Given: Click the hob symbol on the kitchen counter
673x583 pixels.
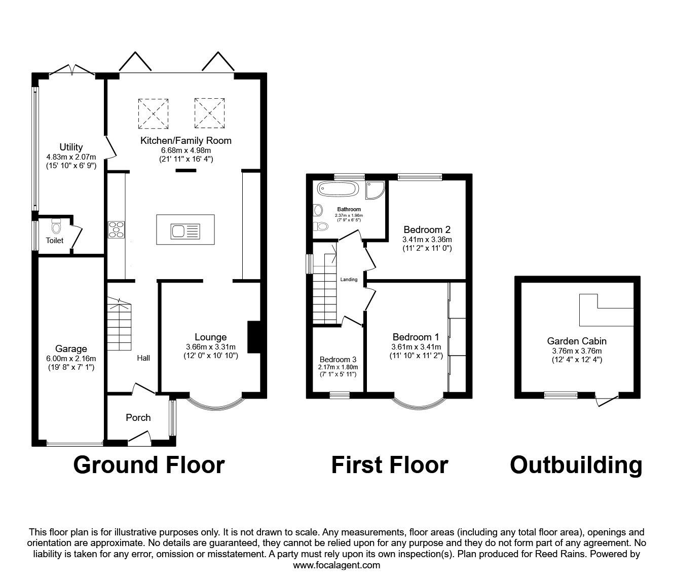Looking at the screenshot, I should coord(116,229).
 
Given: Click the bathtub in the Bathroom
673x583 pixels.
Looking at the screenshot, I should coord(338,189).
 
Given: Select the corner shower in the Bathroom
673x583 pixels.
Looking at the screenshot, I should coord(376,188).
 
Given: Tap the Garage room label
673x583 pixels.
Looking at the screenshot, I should coord(71,349).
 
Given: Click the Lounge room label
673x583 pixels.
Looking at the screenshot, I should coord(210,337).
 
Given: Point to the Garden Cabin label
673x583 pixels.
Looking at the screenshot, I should coord(576,341).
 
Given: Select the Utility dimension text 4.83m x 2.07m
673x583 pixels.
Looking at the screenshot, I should coord(71,157).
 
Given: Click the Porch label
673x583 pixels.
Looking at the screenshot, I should coord(138,418).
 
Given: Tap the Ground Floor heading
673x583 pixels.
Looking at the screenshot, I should coord(148,465).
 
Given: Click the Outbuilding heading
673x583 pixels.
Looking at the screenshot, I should coord(576,465).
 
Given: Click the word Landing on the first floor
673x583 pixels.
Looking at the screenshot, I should coord(349,280).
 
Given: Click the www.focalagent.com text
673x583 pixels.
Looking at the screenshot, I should coord(336,565).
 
